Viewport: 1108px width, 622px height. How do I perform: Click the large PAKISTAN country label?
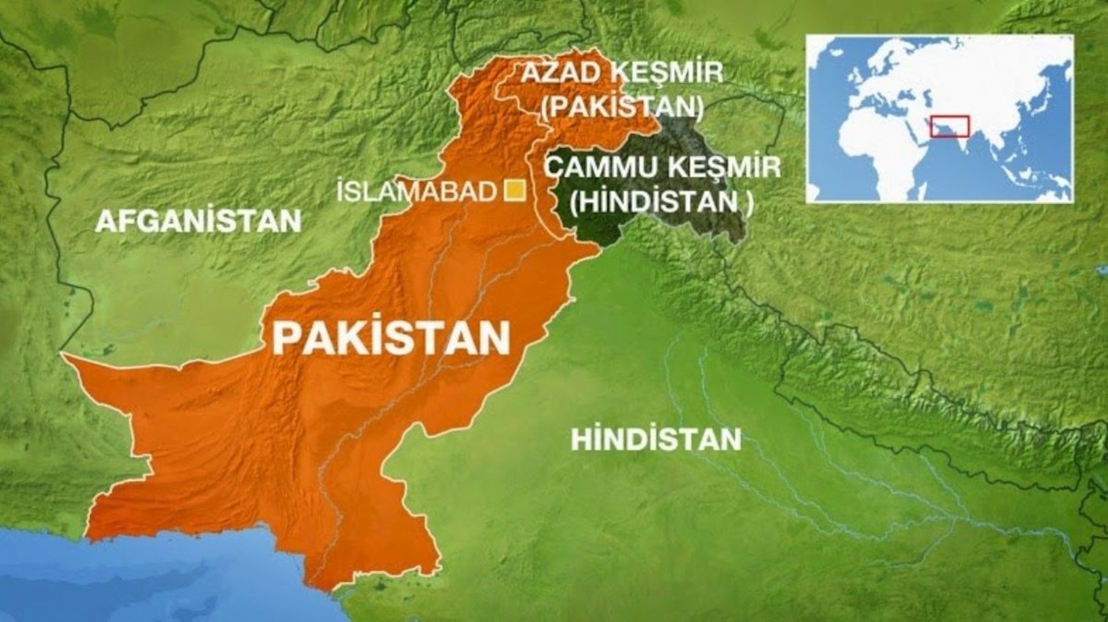pos(391,338)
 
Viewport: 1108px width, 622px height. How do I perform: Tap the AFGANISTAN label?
pos(198,221)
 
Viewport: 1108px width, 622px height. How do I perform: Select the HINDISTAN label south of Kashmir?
pos(655,439)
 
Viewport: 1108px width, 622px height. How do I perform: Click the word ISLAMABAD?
pos(416,192)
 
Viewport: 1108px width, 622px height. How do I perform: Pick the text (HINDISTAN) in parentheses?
pos(661,202)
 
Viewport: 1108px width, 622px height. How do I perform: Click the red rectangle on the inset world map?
pos(950,126)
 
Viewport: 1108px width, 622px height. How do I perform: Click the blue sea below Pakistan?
pos(130,580)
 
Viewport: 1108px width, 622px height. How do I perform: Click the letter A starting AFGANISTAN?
pos(105,221)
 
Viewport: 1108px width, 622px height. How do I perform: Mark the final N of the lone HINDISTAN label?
pos(732,439)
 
